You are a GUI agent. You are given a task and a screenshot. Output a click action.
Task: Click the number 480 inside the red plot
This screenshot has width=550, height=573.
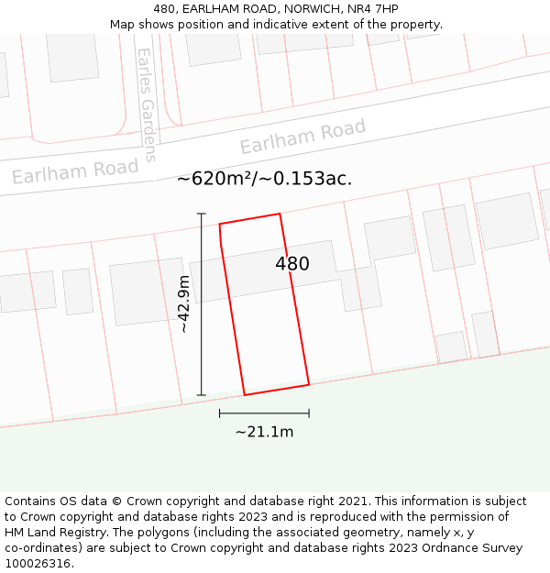coord(292,264)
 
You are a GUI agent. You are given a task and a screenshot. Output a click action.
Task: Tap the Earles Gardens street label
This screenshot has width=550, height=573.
coord(147,104)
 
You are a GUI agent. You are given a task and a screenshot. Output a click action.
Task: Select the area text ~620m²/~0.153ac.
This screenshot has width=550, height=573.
coord(264,179)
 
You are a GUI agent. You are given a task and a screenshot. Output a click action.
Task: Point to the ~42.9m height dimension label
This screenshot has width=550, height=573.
coord(183,303)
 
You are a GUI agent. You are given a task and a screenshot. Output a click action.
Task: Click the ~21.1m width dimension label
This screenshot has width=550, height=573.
coord(264,432)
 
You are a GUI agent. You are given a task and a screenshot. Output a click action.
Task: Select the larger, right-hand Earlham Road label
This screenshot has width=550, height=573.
coord(302,137)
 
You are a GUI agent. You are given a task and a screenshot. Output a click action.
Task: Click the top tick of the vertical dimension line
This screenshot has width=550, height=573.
coord(202,214)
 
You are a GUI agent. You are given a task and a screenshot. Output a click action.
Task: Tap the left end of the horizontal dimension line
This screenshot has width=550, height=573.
coord(220,413)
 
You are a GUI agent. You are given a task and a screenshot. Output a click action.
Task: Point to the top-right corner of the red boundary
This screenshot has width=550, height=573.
coord(280,214)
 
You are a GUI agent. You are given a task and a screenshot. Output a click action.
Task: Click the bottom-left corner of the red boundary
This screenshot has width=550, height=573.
coord(245,395)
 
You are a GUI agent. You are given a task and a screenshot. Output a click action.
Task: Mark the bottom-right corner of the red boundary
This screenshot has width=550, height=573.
coord(309,384)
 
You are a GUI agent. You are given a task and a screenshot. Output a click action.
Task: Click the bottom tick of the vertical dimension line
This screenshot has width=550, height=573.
coord(202,395)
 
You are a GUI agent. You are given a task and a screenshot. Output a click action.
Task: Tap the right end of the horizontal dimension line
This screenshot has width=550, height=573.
coord(309,413)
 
